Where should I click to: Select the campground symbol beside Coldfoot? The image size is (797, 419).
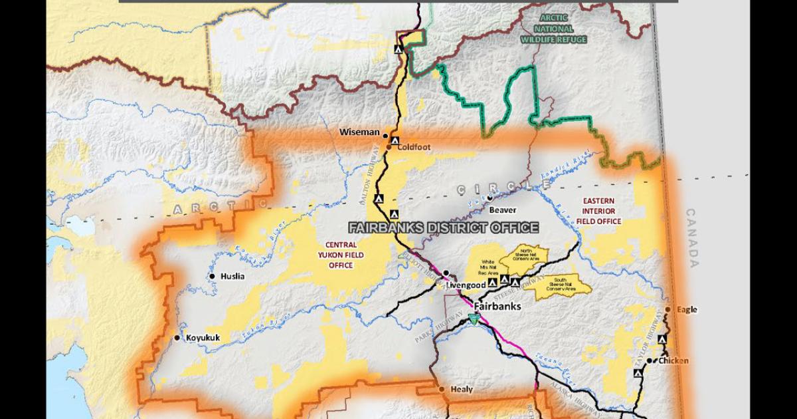coord(395,141)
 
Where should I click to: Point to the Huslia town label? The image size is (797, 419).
coord(234,276)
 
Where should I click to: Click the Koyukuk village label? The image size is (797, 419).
coord(203,337)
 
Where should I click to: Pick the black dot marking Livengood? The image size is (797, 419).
coord(447,273)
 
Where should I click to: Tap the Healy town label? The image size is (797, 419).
coord(462,389)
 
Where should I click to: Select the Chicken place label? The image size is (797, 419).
coord(673,361)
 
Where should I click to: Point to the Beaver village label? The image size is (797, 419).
coord(503,209)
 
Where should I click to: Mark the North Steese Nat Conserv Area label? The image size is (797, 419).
coord(523,253)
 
